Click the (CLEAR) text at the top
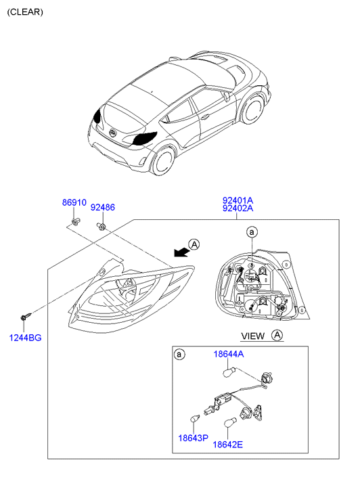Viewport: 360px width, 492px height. pyautogui.click(x=25, y=12)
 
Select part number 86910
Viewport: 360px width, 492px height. pyautogui.click(x=74, y=202)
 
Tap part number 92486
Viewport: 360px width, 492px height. pyautogui.click(x=103, y=207)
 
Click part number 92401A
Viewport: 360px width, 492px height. pyautogui.click(x=238, y=200)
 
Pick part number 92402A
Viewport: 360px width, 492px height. pyautogui.click(x=238, y=208)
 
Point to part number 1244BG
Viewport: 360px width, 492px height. pyautogui.click(x=26, y=338)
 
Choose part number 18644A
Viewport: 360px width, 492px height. pyautogui.click(x=229, y=354)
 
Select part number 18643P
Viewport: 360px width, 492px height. pyautogui.click(x=194, y=438)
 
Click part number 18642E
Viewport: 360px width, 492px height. pyautogui.click(x=228, y=445)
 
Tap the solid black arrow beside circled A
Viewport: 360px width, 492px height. pyautogui.click(x=182, y=252)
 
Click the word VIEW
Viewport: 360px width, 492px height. pyautogui.click(x=253, y=336)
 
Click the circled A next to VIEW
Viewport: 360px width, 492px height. pyautogui.click(x=277, y=335)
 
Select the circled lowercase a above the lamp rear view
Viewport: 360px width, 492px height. pyautogui.click(x=252, y=232)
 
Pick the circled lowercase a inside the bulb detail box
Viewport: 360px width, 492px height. pyautogui.click(x=179, y=355)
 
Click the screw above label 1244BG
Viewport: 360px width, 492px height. pyautogui.click(x=26, y=315)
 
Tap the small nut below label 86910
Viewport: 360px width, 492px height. pyautogui.click(x=75, y=221)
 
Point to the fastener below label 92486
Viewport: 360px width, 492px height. pyautogui.click(x=101, y=225)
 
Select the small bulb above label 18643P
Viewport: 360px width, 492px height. pyautogui.click(x=196, y=418)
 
